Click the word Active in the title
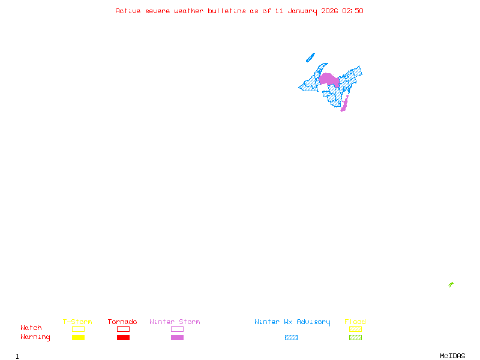tap(128, 11)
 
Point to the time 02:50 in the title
tap(352, 11)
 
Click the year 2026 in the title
tap(329, 11)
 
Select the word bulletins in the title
tap(227, 11)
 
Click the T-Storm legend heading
tap(77, 322)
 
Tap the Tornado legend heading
tap(122, 322)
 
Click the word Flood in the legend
tap(355, 322)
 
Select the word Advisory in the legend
tap(313, 322)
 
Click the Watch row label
tap(31, 328)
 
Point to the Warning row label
tap(35, 337)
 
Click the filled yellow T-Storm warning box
tap(78, 338)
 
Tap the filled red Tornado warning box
tap(123, 338)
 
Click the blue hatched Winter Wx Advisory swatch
tap(291, 338)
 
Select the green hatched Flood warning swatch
tap(355, 338)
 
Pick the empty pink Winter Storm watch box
tap(177, 329)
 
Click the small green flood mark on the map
tap(451, 284)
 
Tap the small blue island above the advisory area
tap(310, 58)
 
